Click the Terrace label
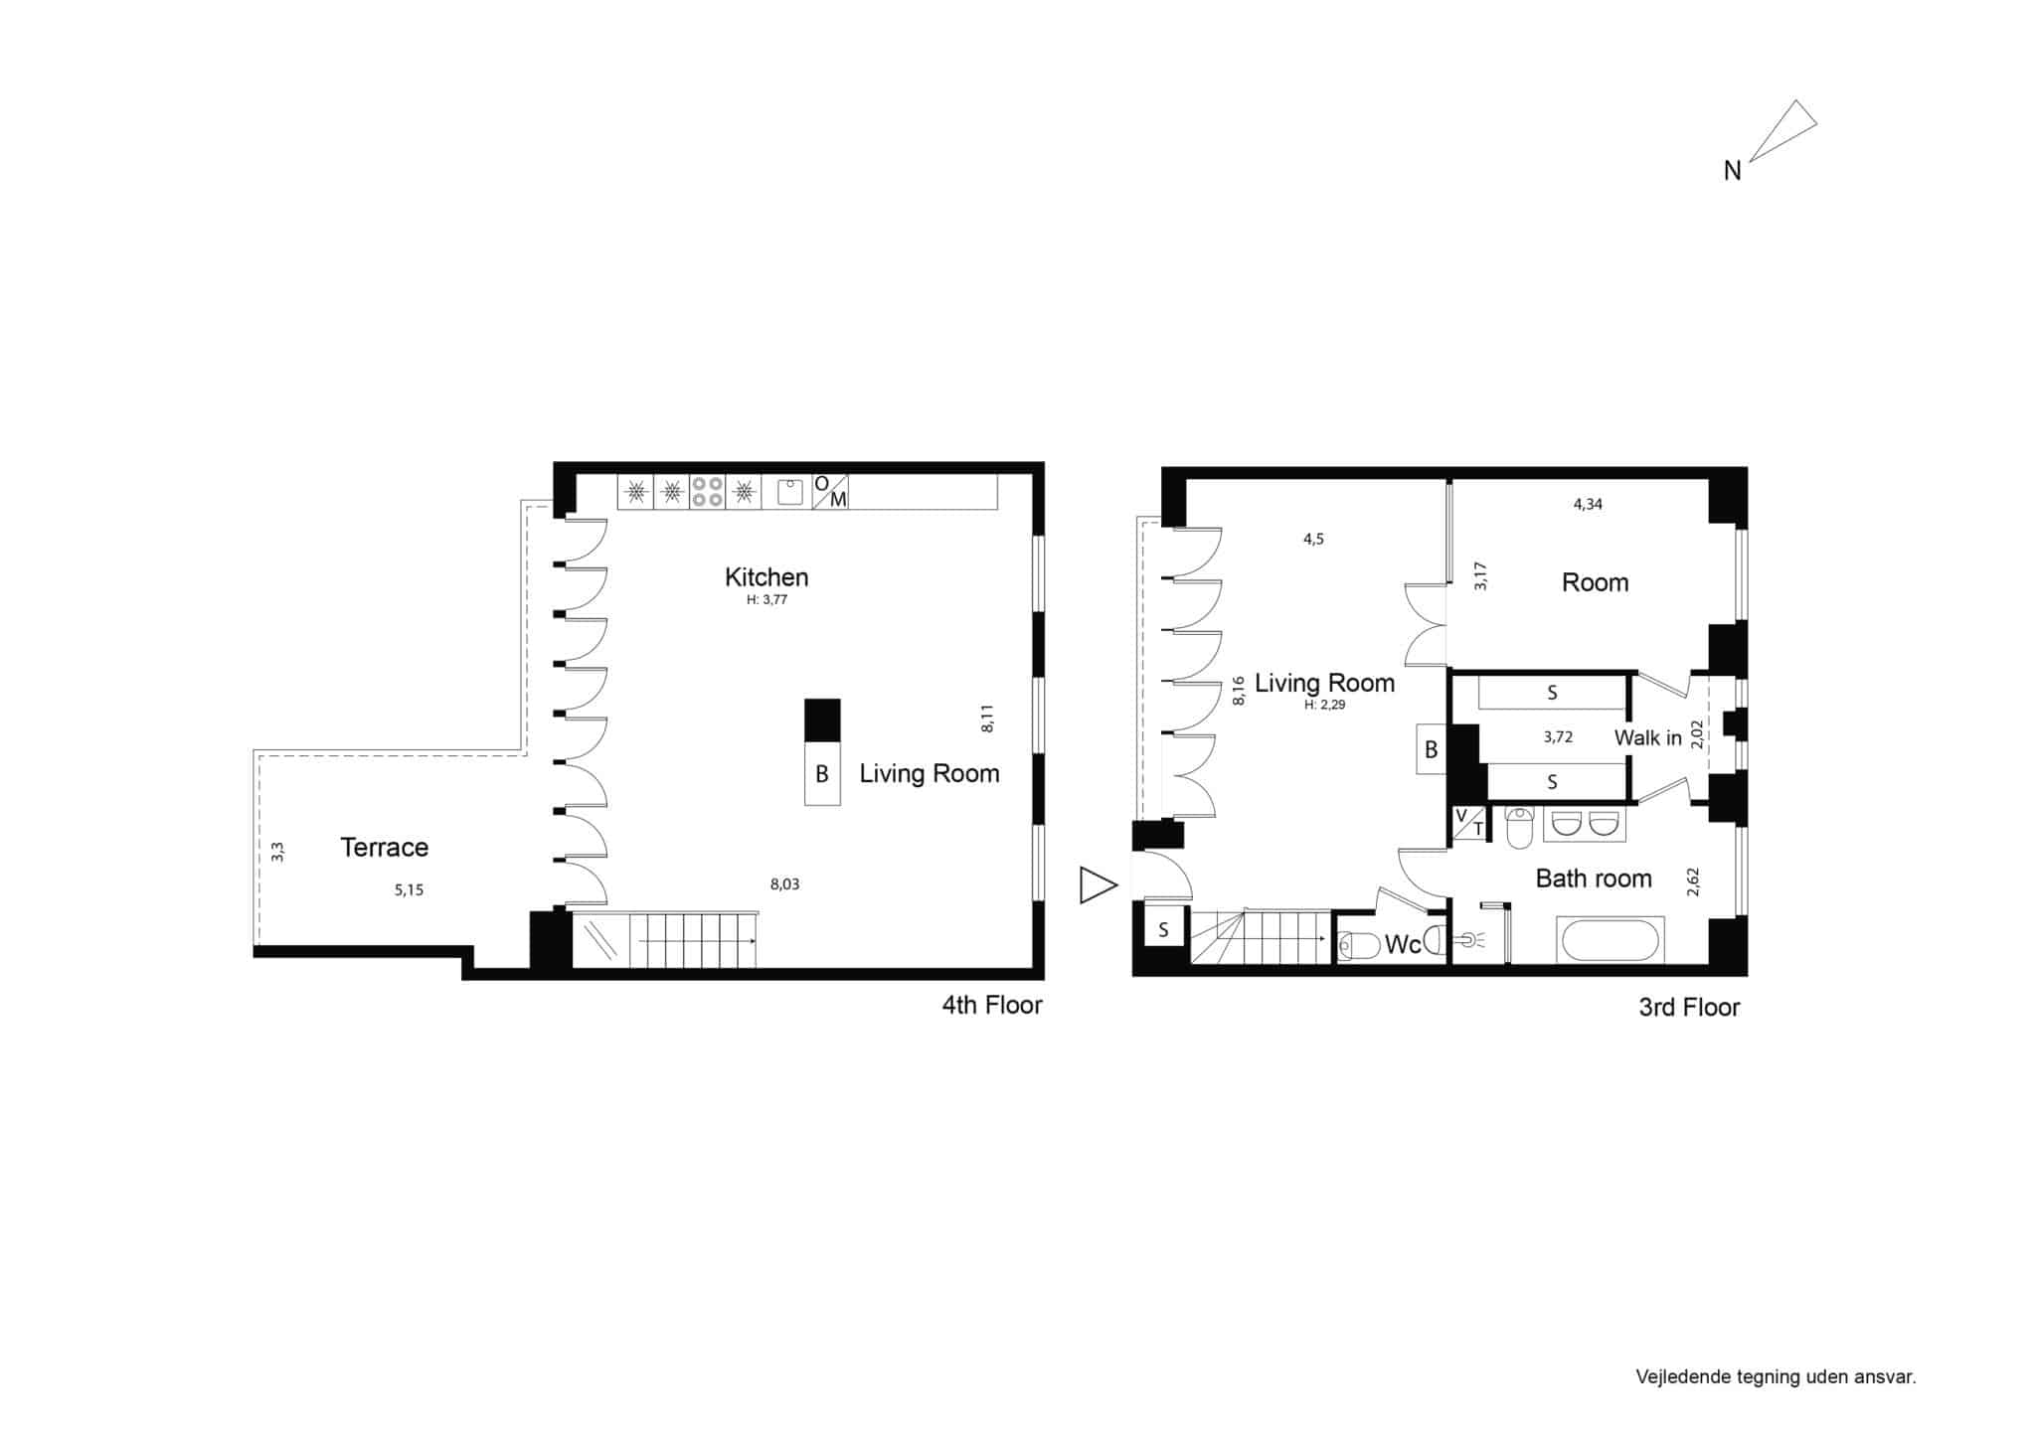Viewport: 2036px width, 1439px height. [384, 847]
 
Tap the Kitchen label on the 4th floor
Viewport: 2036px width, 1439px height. [766, 576]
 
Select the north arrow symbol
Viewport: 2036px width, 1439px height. [1782, 130]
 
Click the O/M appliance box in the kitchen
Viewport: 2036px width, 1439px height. [830, 492]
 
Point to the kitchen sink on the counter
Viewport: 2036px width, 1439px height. [790, 492]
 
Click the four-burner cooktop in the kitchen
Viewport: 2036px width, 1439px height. [707, 492]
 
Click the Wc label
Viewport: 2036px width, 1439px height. [1402, 945]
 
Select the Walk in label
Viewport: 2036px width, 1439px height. [1647, 737]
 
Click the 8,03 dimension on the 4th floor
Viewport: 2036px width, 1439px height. [784, 883]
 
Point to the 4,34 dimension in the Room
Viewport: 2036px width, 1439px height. [1588, 504]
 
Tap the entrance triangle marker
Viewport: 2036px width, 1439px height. [1099, 885]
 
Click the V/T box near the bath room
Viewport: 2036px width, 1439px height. [1469, 824]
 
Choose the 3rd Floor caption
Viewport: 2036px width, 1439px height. [1689, 1008]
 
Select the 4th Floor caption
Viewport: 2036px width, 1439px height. [992, 1005]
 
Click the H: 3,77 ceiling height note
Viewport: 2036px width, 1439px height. [766, 600]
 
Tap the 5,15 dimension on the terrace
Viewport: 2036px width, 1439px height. [409, 890]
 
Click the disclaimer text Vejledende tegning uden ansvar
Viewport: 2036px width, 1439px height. [1776, 1377]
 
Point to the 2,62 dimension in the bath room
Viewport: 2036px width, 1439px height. [1694, 881]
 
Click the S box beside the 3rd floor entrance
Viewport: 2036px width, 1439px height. [1163, 931]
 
